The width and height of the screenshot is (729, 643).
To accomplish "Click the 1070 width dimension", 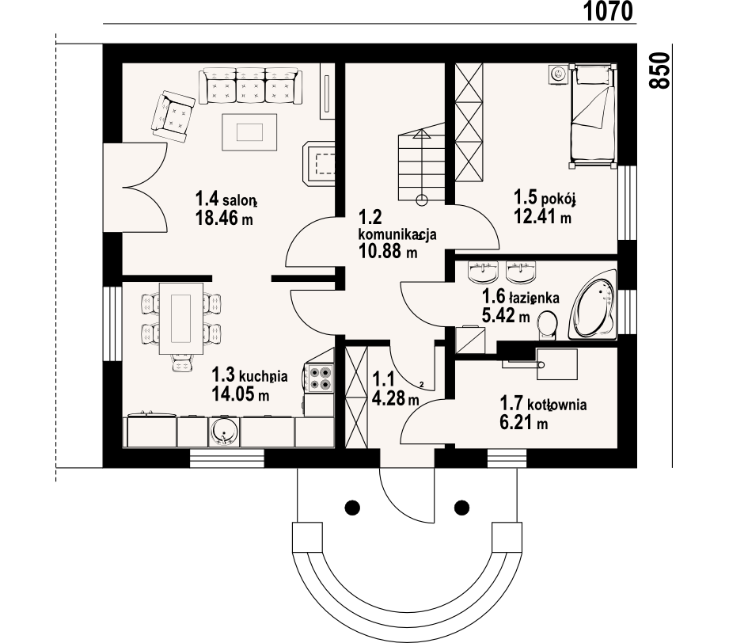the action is click(x=608, y=11).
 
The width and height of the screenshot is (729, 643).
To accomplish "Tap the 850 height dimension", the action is click(x=659, y=70).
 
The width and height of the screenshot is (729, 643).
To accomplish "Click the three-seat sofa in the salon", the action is click(x=251, y=86).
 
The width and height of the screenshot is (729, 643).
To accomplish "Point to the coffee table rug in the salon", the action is click(x=249, y=132).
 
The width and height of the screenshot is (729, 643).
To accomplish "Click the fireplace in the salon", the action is click(x=318, y=164).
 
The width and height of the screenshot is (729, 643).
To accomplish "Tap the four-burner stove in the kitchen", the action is click(x=321, y=378).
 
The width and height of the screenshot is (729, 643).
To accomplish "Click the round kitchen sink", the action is click(x=225, y=431).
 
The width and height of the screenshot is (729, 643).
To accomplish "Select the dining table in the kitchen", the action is click(x=180, y=318).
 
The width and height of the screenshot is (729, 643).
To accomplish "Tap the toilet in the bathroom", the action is click(x=547, y=325).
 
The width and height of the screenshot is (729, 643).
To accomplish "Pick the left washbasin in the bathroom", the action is click(x=483, y=272).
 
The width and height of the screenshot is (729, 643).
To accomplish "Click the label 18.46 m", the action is click(x=224, y=218).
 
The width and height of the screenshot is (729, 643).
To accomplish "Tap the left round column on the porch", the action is click(x=352, y=507).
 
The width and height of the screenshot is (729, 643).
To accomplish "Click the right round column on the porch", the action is click(x=461, y=507).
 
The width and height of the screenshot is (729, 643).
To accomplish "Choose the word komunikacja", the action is click(x=397, y=234).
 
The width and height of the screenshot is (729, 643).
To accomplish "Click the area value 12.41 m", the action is click(x=542, y=216).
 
